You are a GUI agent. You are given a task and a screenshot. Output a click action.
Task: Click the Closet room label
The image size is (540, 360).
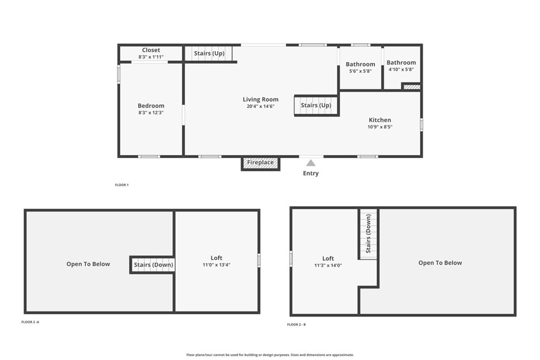[x=151, y=50]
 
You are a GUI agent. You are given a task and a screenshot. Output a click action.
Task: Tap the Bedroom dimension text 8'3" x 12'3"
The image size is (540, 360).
[x=151, y=113]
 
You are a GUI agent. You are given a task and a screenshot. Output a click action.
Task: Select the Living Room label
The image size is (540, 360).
[x=261, y=100]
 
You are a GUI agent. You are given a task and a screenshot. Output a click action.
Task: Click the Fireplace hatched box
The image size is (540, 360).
[x=261, y=163]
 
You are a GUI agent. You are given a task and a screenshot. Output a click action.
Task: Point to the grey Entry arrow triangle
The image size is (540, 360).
[x=311, y=163]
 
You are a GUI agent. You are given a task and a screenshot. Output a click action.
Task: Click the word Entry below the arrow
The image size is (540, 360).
[x=311, y=173]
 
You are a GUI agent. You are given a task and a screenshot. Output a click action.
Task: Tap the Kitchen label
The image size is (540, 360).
[x=380, y=120]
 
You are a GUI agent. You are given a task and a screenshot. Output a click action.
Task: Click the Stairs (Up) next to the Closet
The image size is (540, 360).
[x=209, y=53]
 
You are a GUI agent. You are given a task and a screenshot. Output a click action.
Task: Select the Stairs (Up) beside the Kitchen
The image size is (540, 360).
[x=316, y=105]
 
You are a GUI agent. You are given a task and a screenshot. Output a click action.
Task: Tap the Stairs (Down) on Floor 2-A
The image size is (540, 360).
[x=153, y=265]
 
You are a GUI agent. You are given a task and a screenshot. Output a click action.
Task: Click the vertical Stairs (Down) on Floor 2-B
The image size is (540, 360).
[x=368, y=233]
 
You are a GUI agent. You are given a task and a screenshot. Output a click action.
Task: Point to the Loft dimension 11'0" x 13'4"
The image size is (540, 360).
[x=216, y=265]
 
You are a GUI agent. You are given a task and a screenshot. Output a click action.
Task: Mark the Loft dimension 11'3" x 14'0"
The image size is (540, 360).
[x=328, y=265]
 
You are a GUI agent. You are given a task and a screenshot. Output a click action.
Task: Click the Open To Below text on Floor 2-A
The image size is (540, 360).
[x=88, y=264]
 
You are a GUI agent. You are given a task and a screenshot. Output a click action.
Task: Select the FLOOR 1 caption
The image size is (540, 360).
[x=122, y=185]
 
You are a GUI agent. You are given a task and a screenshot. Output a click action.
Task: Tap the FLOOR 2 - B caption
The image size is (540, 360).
[x=296, y=325]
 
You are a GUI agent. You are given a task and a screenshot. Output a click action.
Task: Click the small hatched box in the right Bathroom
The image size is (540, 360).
[x=411, y=87]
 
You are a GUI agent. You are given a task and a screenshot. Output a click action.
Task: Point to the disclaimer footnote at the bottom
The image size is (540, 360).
[x=270, y=355]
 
